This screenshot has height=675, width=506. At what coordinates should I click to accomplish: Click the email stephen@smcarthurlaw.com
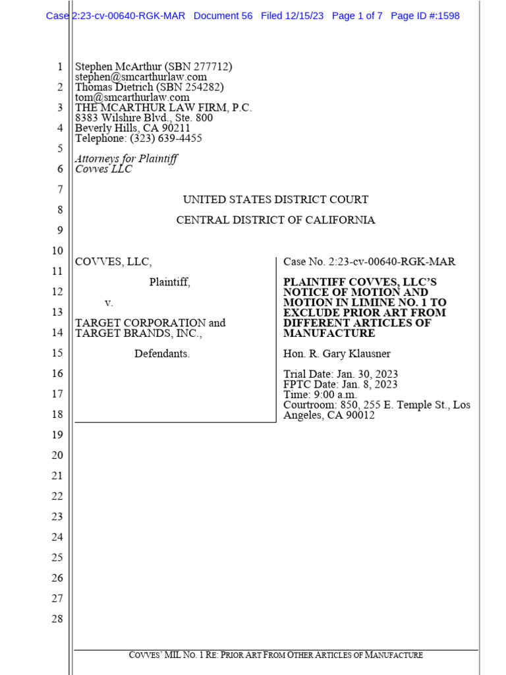(141, 77)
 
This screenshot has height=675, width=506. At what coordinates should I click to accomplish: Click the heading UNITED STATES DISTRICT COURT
(275, 200)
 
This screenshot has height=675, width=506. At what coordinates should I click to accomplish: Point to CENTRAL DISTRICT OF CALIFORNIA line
(275, 220)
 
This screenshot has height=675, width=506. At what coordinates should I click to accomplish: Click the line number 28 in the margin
(57, 618)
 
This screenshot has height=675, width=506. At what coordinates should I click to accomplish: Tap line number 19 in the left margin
(57, 434)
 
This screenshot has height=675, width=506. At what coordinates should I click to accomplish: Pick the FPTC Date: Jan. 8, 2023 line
(341, 384)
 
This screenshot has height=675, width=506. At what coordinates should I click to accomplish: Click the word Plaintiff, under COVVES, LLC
(169, 282)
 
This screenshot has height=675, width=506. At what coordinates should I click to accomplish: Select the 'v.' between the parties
(109, 303)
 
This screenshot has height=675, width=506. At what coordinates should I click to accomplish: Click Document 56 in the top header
(223, 16)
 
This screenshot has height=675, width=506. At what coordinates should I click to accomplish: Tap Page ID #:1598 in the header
(425, 16)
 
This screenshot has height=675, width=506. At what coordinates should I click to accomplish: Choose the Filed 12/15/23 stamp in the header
(292, 16)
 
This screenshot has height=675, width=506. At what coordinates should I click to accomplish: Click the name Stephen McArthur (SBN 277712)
(154, 67)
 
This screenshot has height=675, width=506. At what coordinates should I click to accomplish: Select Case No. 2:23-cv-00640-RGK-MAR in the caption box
(369, 262)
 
